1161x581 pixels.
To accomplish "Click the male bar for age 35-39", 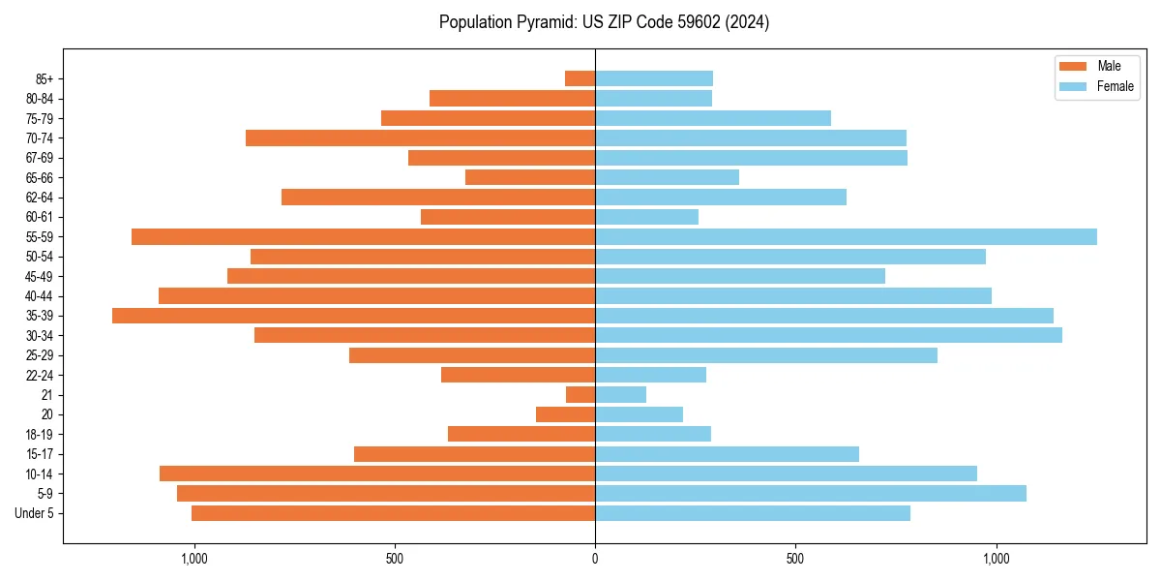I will coord(353,316).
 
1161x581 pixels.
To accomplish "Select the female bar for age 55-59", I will coord(846,236).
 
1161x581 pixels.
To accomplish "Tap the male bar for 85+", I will coord(580,78).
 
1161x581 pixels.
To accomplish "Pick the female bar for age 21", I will coord(620,394).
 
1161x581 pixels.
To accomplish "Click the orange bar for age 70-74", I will coord(420,138).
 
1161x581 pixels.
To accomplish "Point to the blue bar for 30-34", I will coord(828,335).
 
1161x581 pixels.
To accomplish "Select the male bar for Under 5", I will coord(393,513).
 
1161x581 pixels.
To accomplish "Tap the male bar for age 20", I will coord(565,414).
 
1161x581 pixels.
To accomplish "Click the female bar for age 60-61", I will coord(646,217).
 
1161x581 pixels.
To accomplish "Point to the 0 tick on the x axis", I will coord(595,559).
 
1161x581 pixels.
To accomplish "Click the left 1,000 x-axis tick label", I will coord(194,559).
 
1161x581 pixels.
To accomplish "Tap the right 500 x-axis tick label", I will coord(795,559).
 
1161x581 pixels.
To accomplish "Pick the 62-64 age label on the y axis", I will coord(39,198).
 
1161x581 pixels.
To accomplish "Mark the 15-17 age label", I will coord(39,454).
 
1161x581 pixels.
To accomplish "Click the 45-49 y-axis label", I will coord(39,276).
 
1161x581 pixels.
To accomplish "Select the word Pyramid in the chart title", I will coord(547,22).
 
